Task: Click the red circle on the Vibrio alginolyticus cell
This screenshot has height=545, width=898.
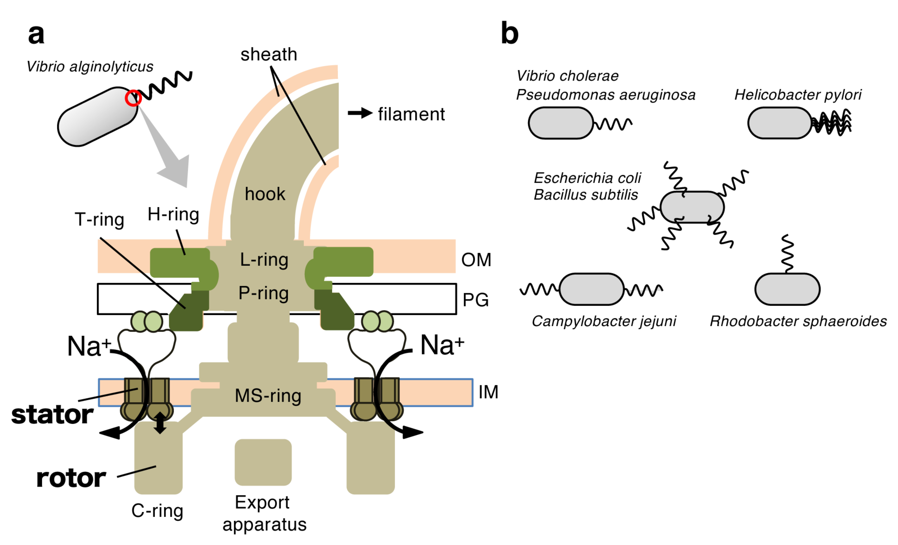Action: pos(133,98)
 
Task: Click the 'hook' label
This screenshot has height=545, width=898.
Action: pos(265,194)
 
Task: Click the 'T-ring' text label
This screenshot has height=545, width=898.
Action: pos(99,220)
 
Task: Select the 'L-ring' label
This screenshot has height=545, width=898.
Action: pos(264,260)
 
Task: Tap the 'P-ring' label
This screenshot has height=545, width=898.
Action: pos(263,293)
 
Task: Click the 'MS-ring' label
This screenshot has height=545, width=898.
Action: pos(268,396)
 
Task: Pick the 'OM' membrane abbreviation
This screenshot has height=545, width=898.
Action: pos(476,260)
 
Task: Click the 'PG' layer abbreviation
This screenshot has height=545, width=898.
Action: pos(475,300)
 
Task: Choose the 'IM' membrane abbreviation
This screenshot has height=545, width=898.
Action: pos(488,392)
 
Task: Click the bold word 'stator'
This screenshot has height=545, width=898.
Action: pos(52,415)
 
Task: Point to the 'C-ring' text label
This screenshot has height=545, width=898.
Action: pos(157,510)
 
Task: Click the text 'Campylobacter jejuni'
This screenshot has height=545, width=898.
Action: pos(604,321)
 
